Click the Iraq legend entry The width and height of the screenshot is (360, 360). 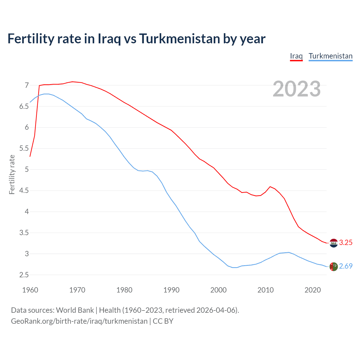(x=296, y=56)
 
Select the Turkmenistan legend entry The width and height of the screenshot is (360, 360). (x=330, y=56)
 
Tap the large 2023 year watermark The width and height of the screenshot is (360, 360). (x=297, y=89)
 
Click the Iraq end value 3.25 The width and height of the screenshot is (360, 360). (x=346, y=242)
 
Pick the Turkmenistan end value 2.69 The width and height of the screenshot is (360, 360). (x=346, y=266)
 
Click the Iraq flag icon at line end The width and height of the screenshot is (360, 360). (x=334, y=243)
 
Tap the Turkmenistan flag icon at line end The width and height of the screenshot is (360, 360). (x=334, y=266)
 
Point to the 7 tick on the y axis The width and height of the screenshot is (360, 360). (x=27, y=85)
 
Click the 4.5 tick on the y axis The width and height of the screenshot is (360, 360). (x=24, y=191)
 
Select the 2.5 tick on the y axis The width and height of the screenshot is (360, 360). (x=24, y=275)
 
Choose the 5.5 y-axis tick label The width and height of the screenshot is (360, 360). (x=24, y=148)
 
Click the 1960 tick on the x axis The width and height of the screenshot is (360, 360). (x=30, y=290)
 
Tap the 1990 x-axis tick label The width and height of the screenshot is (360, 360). (x=171, y=290)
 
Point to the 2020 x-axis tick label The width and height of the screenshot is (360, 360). (x=312, y=290)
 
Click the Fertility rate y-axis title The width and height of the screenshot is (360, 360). (x=12, y=174)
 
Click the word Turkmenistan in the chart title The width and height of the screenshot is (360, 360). (x=179, y=39)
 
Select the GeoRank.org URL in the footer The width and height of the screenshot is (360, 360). (x=79, y=321)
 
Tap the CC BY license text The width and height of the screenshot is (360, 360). (x=163, y=321)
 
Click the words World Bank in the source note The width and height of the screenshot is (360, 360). (x=75, y=310)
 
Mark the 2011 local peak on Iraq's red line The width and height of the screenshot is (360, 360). (x=270, y=186)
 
